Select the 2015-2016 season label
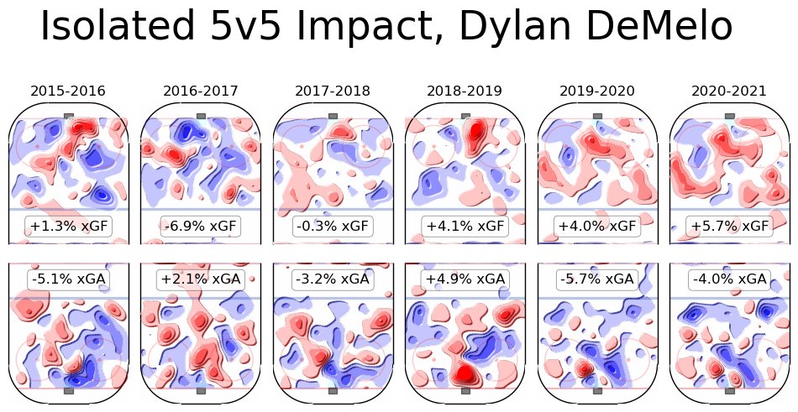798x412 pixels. pyautogui.click(x=68, y=91)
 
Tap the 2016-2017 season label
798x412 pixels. pyautogui.click(x=201, y=91)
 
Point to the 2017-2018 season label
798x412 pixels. pyautogui.click(x=333, y=91)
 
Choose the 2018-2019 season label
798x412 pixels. pyautogui.click(x=465, y=91)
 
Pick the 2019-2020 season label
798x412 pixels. pyautogui.click(x=597, y=91)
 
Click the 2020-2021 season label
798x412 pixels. pyautogui.click(x=729, y=91)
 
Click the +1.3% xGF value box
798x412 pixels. pyautogui.click(x=68, y=226)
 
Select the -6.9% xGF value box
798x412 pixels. pyautogui.click(x=201, y=226)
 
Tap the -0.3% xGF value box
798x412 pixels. pyautogui.click(x=333, y=226)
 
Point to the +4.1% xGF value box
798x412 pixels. pyautogui.click(x=465, y=226)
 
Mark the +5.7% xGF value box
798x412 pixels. pyautogui.click(x=729, y=226)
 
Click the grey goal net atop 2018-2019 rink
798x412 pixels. pyautogui.click(x=465, y=116)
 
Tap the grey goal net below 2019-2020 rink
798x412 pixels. pyautogui.click(x=597, y=390)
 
